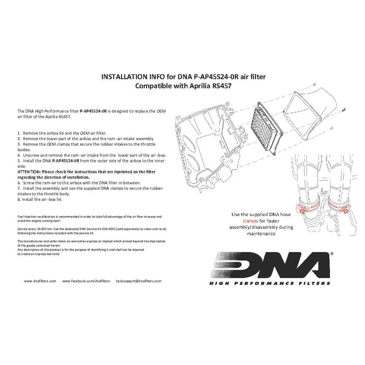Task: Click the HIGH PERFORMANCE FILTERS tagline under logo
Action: (x=270, y=283)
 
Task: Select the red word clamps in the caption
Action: (x=251, y=221)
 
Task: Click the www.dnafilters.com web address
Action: (x=40, y=281)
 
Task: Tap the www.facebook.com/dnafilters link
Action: (x=86, y=281)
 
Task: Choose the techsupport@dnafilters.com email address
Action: (x=139, y=281)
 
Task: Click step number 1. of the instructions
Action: (x=19, y=133)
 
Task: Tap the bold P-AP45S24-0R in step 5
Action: (x=66, y=161)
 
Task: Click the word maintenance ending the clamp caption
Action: (x=261, y=233)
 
